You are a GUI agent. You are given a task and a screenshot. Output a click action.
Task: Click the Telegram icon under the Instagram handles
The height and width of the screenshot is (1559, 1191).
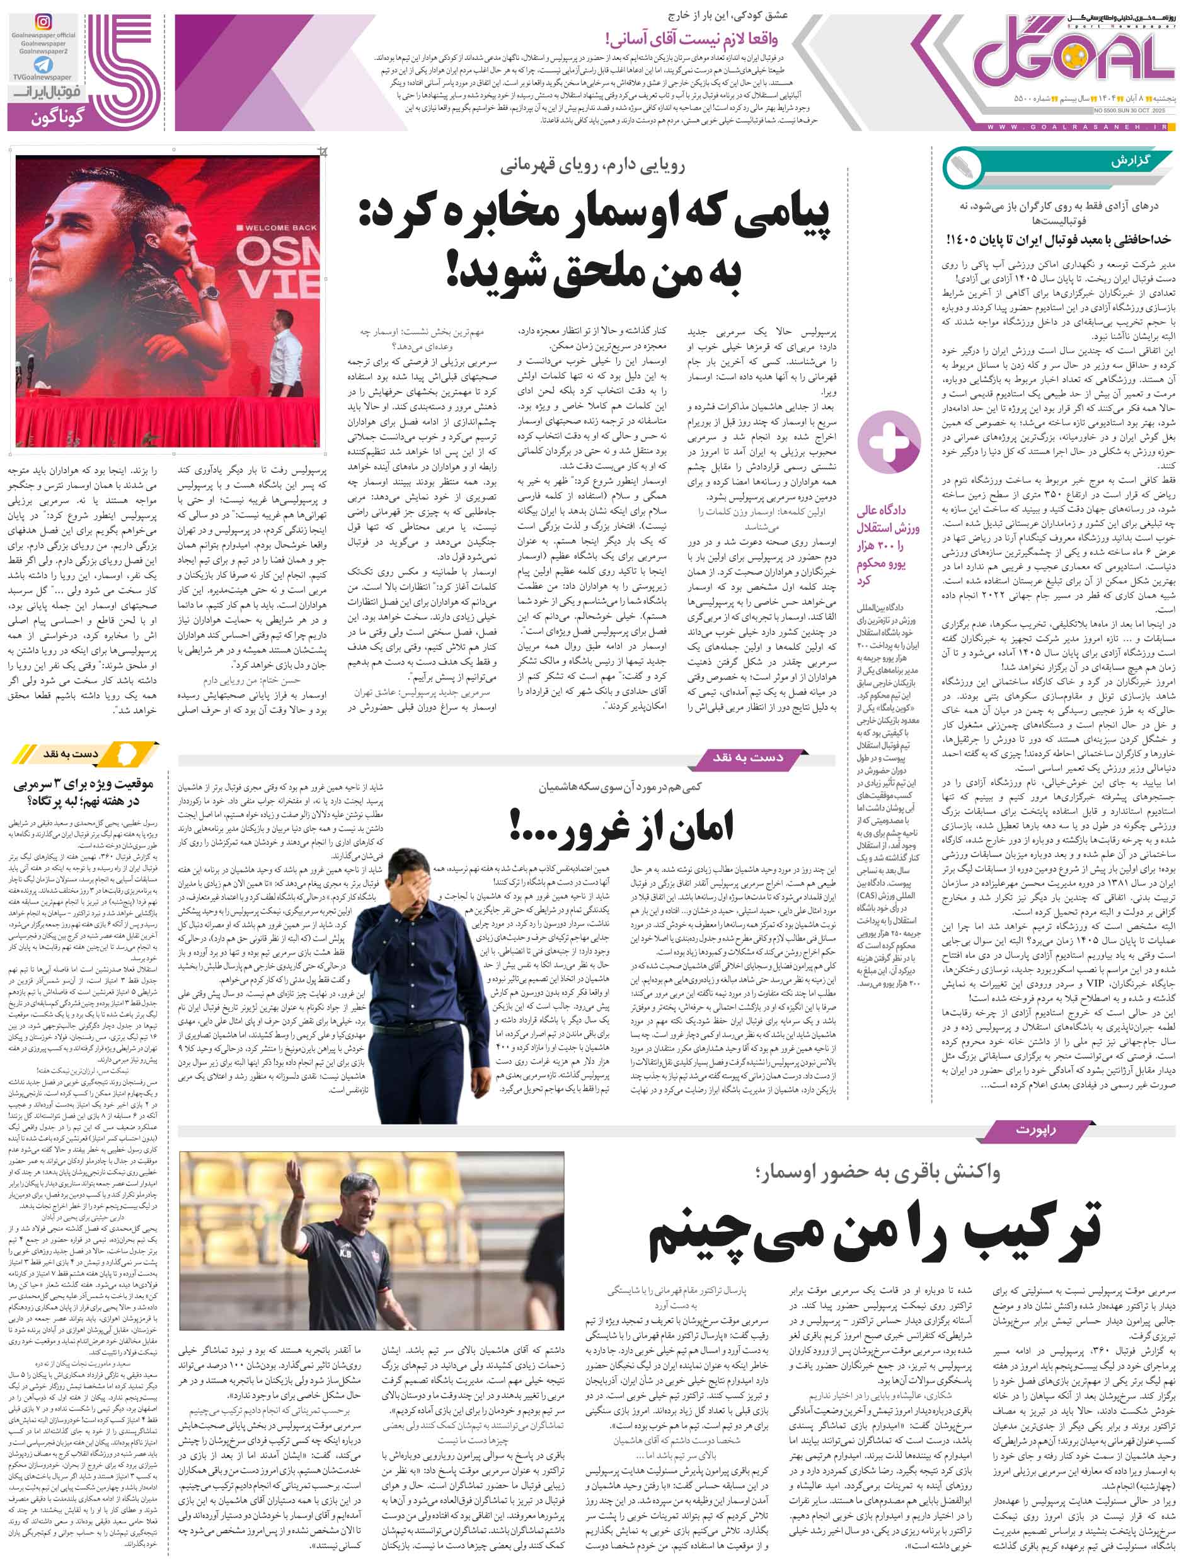coord(43,64)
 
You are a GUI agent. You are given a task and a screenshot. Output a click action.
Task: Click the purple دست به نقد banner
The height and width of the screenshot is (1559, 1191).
coord(748,758)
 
